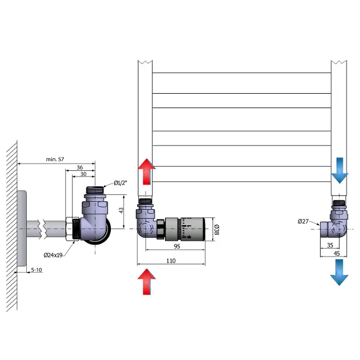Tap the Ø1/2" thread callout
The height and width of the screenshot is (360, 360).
pyautogui.click(x=119, y=182)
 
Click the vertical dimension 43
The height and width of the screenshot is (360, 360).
pyautogui.click(x=121, y=211)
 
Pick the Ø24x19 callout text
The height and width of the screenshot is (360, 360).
pyautogui.click(x=59, y=255)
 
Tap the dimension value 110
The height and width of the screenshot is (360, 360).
pyautogui.click(x=171, y=261)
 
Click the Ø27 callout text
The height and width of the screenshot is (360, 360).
pyautogui.click(x=304, y=222)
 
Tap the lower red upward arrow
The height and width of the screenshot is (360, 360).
pyautogui.click(x=147, y=283)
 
